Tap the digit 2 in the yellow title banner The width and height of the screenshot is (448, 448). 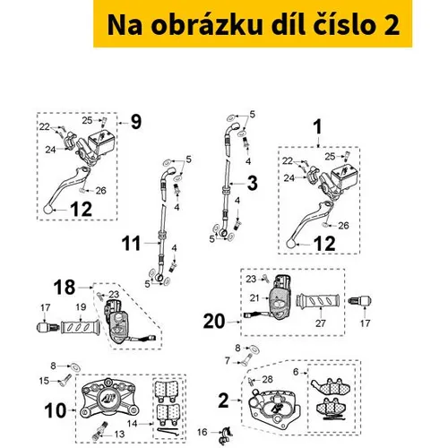(x=391, y=25)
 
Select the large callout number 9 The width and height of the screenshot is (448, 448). (x=136, y=122)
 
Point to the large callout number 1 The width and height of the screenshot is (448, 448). (x=318, y=127)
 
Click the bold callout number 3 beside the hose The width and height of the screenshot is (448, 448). (x=253, y=183)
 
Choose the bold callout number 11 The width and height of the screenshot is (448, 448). (x=131, y=244)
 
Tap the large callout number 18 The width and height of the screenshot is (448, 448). (x=65, y=288)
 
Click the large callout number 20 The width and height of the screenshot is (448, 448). (x=214, y=322)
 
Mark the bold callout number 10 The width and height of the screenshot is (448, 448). (x=56, y=410)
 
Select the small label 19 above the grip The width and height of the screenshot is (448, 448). (x=81, y=307)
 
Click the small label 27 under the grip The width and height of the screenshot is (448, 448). (x=321, y=323)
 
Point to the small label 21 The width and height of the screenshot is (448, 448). (x=254, y=297)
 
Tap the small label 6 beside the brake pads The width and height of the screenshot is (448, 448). (x=296, y=372)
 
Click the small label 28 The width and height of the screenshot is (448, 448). (x=268, y=379)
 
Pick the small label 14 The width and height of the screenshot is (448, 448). (x=133, y=424)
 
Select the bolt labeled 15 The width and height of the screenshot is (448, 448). (x=65, y=380)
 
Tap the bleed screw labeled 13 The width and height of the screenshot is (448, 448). (x=100, y=430)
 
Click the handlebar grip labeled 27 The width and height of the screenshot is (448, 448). (x=318, y=300)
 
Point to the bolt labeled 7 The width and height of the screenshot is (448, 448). (x=246, y=359)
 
